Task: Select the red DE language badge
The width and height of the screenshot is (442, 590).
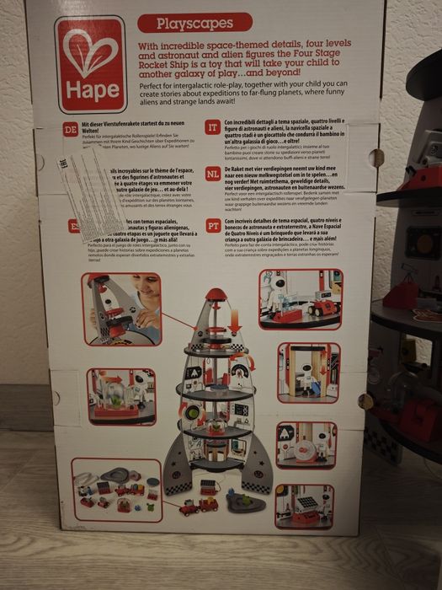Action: [72, 129]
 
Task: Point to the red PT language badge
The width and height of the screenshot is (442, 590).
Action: [213, 225]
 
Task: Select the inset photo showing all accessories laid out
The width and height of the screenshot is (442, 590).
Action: [116, 490]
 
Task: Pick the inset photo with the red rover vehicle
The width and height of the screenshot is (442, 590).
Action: [301, 298]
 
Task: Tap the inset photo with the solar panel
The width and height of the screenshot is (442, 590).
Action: [304, 507]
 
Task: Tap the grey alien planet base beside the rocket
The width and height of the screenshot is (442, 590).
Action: [243, 502]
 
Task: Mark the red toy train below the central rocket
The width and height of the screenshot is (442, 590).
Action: [199, 506]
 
